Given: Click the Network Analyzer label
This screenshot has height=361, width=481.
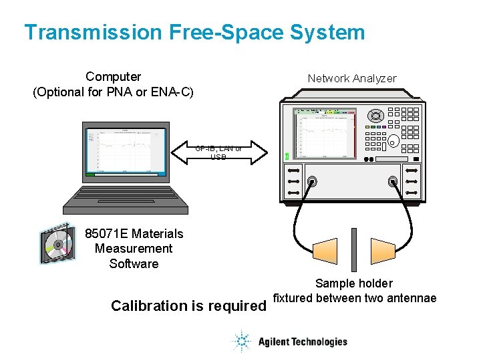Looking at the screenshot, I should click(x=351, y=78).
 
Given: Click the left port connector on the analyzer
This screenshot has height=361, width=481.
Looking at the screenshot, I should click(x=312, y=180).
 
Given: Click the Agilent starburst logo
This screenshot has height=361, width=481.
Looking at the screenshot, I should click(x=241, y=341).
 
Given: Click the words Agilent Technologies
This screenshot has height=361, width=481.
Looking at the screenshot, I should click(x=303, y=342).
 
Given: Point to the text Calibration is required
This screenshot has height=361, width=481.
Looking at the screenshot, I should click(x=188, y=306).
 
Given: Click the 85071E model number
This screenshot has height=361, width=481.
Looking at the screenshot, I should click(x=106, y=233).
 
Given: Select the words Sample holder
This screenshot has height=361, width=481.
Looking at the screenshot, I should click(x=353, y=283).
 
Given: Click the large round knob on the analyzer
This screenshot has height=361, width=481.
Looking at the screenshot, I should click(x=375, y=116).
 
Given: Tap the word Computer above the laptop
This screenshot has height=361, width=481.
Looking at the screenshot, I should click(x=113, y=77).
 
